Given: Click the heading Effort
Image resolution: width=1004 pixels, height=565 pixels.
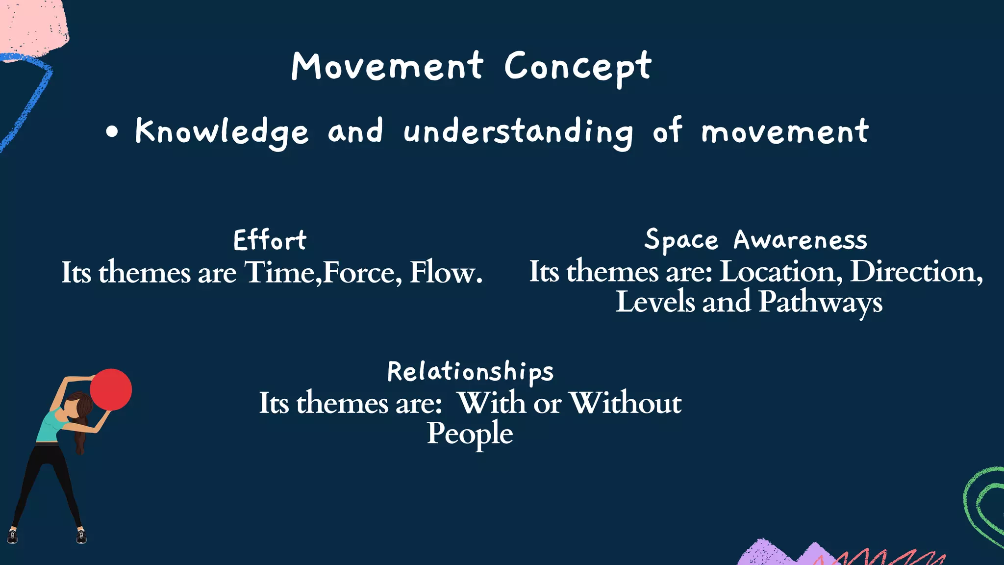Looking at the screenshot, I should pyautogui.click(x=270, y=240).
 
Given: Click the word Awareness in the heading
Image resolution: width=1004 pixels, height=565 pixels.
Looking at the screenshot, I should pyautogui.click(x=800, y=240).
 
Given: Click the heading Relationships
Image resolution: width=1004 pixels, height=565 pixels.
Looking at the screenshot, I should pyautogui.click(x=470, y=371).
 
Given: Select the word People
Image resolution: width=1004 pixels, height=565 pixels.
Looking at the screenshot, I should pyautogui.click(x=470, y=434).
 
